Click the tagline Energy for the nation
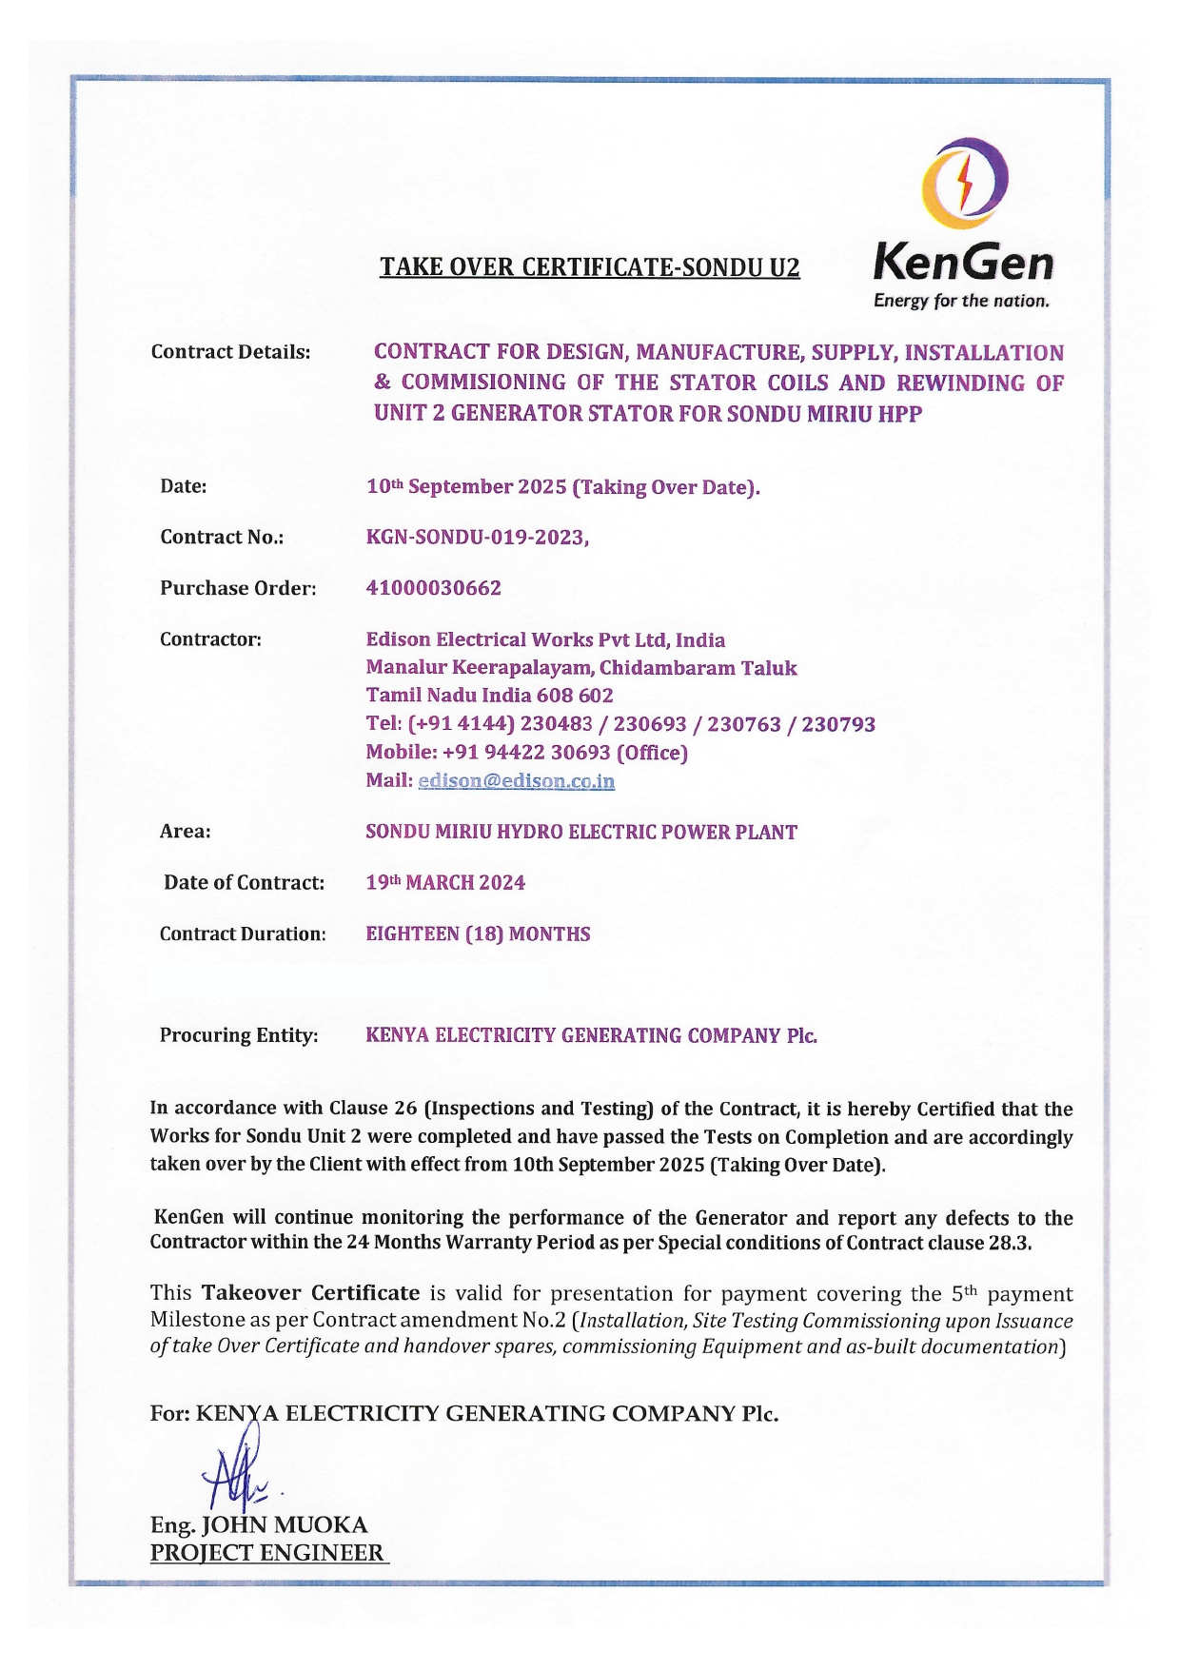961,302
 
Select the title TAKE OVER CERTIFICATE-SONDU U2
590,267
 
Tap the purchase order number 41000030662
434,588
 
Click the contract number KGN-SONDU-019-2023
476,538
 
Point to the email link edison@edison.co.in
516,781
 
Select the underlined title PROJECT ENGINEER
267,1553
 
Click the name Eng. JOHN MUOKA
259,1525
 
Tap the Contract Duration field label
243,934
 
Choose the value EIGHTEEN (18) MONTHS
478,934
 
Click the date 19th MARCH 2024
445,883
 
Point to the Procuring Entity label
239,1035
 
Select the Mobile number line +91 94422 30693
526,753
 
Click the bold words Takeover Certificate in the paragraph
310,1293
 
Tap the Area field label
186,832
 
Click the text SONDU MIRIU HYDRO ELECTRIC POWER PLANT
581,833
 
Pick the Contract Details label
230,352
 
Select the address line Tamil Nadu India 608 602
489,696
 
